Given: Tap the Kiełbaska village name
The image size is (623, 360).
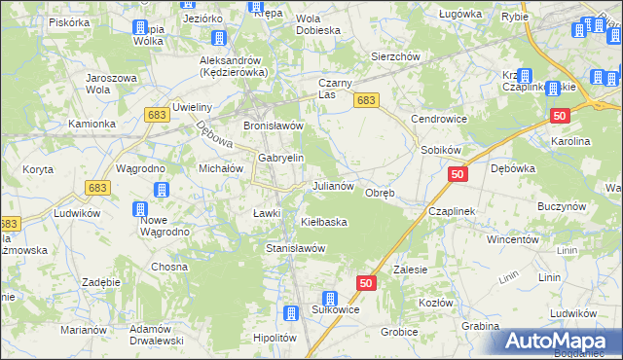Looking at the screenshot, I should point(324,222).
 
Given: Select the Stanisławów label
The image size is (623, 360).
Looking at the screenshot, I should point(295,248).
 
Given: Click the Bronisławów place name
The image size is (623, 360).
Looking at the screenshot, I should point(274,126).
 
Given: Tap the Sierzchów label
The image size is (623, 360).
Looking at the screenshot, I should point(395,57).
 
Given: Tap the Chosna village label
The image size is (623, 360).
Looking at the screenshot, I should point(168,267).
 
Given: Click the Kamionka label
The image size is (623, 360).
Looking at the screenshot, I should point(92,125).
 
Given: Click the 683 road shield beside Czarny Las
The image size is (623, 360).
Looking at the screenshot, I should point(366,100).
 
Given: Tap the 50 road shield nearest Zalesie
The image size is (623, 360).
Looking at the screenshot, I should point(366,282).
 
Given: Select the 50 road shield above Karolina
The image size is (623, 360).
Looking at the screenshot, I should point(559,116).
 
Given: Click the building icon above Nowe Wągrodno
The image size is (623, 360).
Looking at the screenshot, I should point(140,208).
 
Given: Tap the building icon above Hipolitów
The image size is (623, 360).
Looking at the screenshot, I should point(290,313).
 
